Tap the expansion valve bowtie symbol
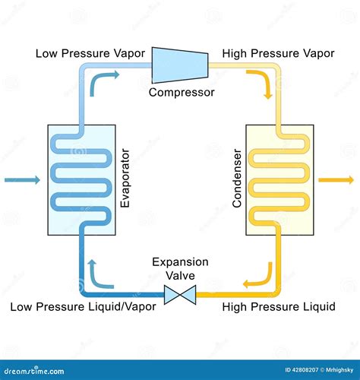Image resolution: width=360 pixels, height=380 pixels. (180, 292)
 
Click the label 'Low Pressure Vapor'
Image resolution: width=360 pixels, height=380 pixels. (87, 54)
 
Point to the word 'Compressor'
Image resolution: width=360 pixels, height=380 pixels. (181, 93)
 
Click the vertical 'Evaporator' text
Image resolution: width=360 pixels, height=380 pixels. (126, 180)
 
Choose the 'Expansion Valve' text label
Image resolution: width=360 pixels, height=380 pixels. (180, 268)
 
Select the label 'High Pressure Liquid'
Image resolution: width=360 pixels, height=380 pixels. (278, 307)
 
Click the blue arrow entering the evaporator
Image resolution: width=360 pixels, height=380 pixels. (23, 180)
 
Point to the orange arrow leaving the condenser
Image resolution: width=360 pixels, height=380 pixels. (337, 180)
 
